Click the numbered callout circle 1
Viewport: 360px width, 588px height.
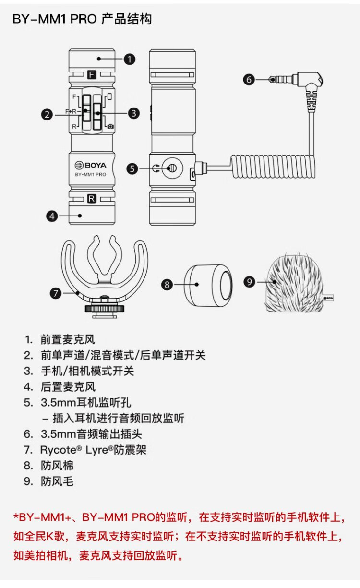click(x=129, y=59)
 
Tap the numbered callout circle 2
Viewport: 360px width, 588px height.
click(x=47, y=114)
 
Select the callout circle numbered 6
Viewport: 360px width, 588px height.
click(x=249, y=80)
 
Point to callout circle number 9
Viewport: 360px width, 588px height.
click(x=249, y=282)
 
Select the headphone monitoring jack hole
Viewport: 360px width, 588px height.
click(x=172, y=168)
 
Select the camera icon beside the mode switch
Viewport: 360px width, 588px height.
click(x=111, y=126)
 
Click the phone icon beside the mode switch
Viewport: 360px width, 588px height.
click(x=110, y=96)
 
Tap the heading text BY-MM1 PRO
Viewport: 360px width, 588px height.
click(x=56, y=19)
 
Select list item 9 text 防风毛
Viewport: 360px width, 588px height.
click(x=57, y=481)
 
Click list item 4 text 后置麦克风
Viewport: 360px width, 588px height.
click(x=68, y=386)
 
